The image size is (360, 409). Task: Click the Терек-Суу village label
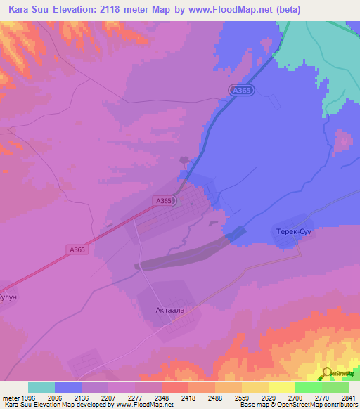291,231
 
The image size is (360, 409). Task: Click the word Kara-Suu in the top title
32,10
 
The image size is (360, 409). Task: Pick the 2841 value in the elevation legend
348,397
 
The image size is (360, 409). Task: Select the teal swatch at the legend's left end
41,387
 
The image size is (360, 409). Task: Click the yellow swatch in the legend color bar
281,387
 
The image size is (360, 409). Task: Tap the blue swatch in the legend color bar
68,387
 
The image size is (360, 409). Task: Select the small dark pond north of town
184,160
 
